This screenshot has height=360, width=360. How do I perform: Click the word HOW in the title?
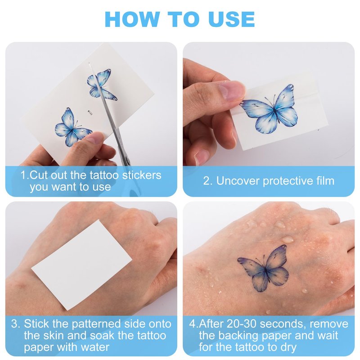point(132,19)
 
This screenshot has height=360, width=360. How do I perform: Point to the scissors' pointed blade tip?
point(89,63)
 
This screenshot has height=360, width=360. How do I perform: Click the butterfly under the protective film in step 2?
point(270,109)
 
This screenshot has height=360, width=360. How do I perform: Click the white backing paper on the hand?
point(81,265)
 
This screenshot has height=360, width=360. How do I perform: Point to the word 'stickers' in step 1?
point(142,175)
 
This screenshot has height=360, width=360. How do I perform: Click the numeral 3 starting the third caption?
point(14,324)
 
